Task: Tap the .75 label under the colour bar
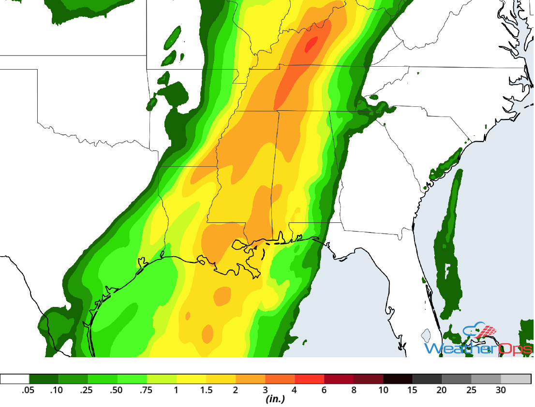[x=147, y=390]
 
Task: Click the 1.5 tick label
[x=206, y=390]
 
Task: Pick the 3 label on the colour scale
[x=265, y=390]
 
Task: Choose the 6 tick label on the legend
[x=324, y=390]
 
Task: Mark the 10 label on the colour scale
[x=383, y=390]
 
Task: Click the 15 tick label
[x=413, y=390]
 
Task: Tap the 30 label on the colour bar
[x=501, y=390]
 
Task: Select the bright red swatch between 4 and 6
[x=310, y=379]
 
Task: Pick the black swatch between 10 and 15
[x=398, y=379]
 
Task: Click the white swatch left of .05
[x=15, y=379]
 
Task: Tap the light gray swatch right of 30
[x=516, y=379]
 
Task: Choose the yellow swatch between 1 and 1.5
[x=191, y=379]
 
